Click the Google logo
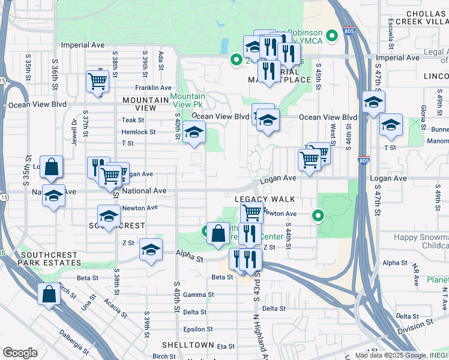20,353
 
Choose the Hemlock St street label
139,132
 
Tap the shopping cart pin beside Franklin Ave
97,80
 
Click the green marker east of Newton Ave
318,215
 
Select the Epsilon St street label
198,329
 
